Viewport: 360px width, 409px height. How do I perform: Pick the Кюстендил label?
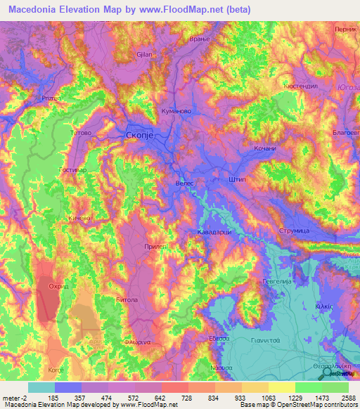coord(302,86)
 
